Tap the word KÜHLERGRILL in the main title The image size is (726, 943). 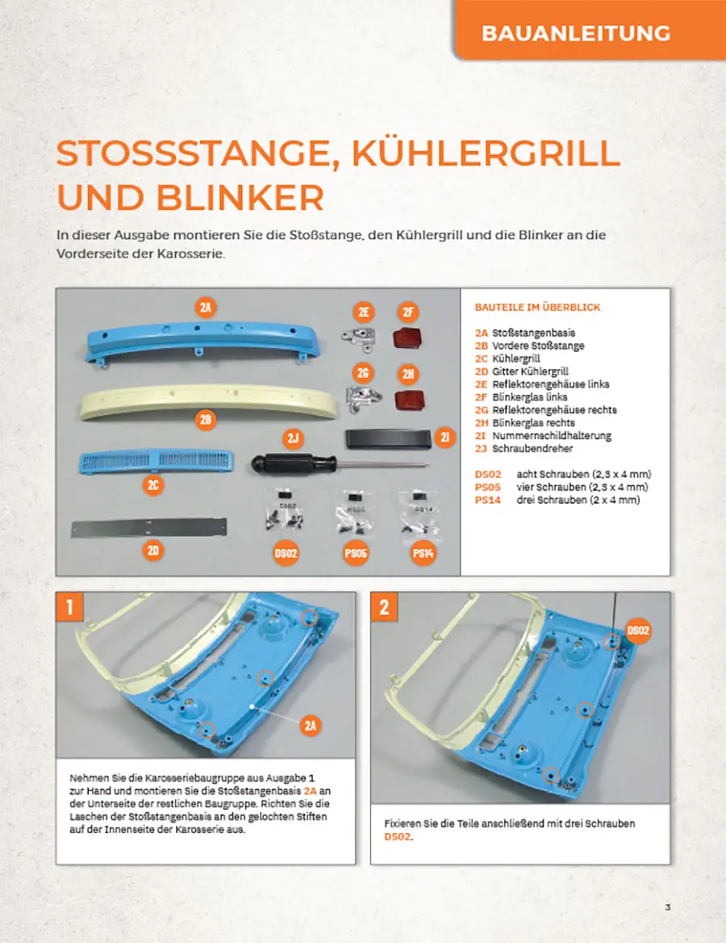pyautogui.click(x=486, y=154)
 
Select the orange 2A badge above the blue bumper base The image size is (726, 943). pyautogui.click(x=206, y=308)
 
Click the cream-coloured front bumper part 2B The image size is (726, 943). pyautogui.click(x=209, y=402)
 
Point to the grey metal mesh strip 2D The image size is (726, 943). pyautogui.click(x=149, y=528)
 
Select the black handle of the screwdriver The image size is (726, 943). pyautogui.click(x=292, y=463)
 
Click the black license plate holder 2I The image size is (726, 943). pyautogui.click(x=388, y=438)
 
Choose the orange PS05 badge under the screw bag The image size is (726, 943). pyautogui.click(x=356, y=553)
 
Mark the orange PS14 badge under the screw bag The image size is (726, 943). pyautogui.click(x=423, y=553)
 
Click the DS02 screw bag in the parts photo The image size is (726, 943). pyautogui.click(x=284, y=510)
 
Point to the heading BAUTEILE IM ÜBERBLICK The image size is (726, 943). pyautogui.click(x=537, y=308)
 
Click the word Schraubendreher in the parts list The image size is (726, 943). pyautogui.click(x=532, y=449)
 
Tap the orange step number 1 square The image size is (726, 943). pyautogui.click(x=69, y=607)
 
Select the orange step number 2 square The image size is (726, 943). pyautogui.click(x=385, y=607)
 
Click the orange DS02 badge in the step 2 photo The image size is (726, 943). pyautogui.click(x=637, y=631)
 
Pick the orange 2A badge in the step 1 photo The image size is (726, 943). pyautogui.click(x=310, y=726)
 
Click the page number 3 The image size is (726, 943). pyautogui.click(x=668, y=907)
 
